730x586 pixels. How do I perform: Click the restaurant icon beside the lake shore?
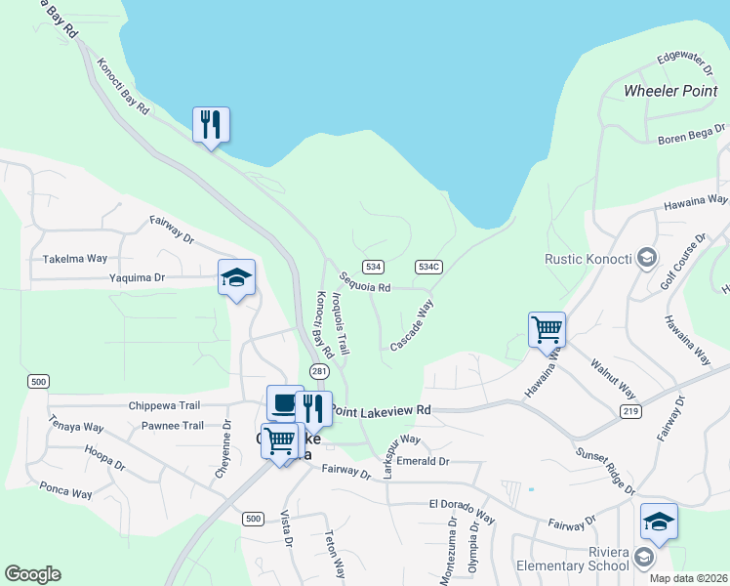211,125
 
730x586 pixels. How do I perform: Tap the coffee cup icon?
285,402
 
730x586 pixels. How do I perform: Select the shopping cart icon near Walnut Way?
547,329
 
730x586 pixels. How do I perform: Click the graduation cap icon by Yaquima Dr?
236,277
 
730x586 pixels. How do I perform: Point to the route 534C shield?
428,267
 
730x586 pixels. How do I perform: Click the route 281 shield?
319,371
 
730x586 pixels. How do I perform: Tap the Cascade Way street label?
412,326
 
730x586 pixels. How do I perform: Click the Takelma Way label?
74,259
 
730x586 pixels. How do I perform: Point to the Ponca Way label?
65,488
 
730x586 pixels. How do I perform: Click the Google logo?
32,574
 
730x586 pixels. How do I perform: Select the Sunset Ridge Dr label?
605,470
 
